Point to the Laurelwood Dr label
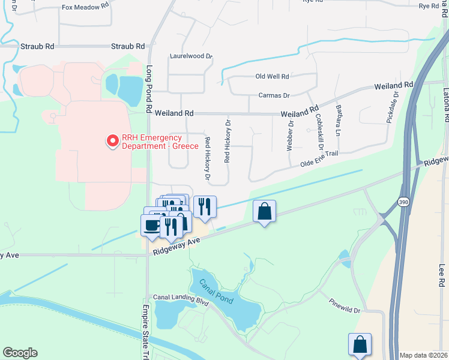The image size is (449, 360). pyautogui.click(x=191, y=56)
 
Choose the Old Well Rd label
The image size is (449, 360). pyautogui.click(x=272, y=77)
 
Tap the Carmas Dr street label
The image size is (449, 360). pyautogui.click(x=274, y=95)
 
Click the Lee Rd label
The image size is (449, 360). pyautogui.click(x=442, y=273)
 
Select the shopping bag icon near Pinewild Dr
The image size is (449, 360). pyautogui.click(x=360, y=344)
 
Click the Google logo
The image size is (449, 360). pyautogui.click(x=20, y=352)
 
